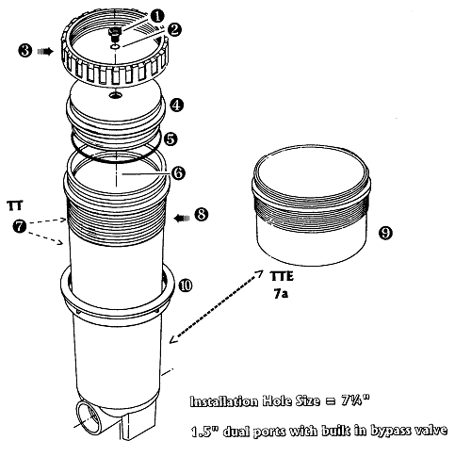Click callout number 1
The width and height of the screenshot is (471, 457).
(157, 16)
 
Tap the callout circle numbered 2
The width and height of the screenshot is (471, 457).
(174, 29)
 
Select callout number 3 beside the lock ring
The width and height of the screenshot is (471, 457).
(25, 51)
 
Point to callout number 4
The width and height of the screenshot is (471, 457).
(177, 105)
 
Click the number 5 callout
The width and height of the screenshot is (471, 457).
(171, 139)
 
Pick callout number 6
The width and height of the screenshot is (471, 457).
(178, 173)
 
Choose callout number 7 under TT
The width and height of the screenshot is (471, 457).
(20, 226)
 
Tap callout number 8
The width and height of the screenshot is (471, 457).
(202, 215)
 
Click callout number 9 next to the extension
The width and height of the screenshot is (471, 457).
(385, 233)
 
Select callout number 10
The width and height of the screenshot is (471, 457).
(186, 286)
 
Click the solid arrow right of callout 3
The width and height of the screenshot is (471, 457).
(45, 51)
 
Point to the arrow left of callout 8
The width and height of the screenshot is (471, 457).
(182, 218)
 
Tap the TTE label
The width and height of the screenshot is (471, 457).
(282, 276)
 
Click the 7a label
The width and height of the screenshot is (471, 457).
(281, 294)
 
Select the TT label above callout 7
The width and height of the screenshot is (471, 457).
(15, 205)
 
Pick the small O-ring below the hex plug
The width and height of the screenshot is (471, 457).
(115, 47)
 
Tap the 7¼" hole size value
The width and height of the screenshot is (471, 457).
(355, 400)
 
